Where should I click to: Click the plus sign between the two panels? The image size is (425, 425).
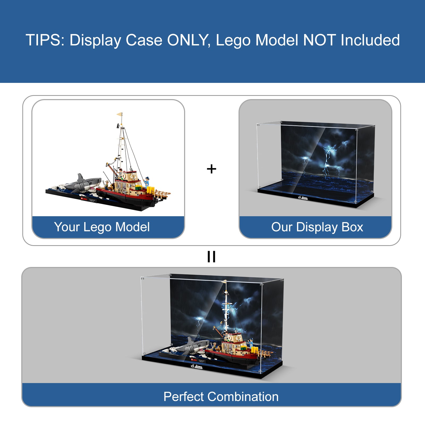click(x=211, y=169)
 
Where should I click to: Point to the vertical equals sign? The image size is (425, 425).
click(x=211, y=257)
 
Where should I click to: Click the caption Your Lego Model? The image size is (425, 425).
click(x=102, y=227)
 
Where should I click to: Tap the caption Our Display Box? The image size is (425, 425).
click(x=317, y=227)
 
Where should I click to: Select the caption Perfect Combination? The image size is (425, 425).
click(x=221, y=397)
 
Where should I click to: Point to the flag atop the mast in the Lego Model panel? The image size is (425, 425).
click(x=120, y=114)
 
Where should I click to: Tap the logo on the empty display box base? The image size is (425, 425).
click(x=303, y=198)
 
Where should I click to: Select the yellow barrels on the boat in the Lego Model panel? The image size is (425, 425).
click(x=151, y=190)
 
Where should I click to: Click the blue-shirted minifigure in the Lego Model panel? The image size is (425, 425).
click(x=147, y=182)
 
